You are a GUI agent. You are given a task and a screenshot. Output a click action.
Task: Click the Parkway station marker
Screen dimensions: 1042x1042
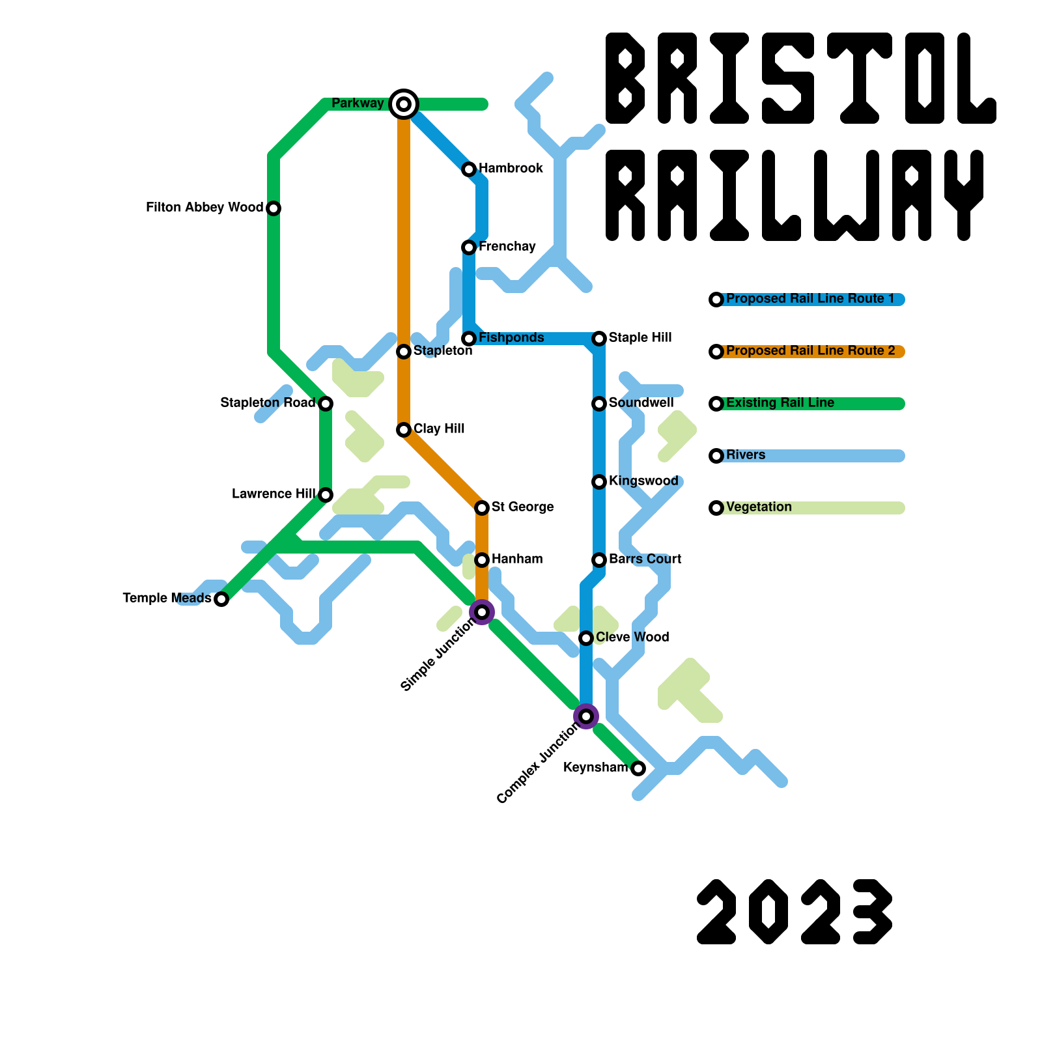(x=404, y=104)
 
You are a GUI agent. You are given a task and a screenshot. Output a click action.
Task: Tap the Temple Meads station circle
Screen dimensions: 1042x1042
(x=221, y=599)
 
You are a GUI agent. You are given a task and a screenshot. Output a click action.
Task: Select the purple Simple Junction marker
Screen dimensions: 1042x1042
(x=482, y=612)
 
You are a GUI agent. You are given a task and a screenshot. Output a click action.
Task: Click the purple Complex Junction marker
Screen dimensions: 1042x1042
(x=586, y=716)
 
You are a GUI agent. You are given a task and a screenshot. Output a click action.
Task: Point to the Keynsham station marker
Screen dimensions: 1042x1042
(x=638, y=768)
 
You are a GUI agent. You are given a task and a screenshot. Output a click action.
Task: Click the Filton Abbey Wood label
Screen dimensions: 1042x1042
(x=204, y=208)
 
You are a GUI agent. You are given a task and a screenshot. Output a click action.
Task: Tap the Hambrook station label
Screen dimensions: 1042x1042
(x=511, y=169)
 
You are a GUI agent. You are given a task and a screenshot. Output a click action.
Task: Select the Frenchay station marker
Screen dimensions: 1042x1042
(x=469, y=247)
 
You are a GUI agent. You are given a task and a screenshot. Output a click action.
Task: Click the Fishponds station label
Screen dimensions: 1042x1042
(x=511, y=338)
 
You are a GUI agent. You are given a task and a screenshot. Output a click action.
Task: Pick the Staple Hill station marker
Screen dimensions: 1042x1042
(x=599, y=339)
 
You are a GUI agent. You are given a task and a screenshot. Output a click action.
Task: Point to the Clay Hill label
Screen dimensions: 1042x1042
(x=439, y=429)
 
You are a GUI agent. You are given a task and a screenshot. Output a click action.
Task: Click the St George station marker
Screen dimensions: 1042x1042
(x=482, y=508)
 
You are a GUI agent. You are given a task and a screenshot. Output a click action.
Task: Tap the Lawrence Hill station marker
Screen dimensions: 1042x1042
(x=326, y=495)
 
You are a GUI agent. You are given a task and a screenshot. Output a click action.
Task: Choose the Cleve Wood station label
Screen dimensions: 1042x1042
(x=632, y=638)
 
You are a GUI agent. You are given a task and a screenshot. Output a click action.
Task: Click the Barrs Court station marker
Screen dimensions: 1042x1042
(x=599, y=560)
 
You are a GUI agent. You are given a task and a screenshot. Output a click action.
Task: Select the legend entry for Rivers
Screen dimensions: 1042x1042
(x=746, y=455)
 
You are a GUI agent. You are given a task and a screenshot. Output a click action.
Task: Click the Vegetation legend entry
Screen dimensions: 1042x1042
(x=759, y=507)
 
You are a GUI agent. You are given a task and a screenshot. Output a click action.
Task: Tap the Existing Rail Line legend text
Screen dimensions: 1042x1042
(x=780, y=403)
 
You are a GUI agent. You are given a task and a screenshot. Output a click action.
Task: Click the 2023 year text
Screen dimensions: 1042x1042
(x=795, y=912)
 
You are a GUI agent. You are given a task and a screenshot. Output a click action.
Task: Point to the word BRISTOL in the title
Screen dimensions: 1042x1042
(x=801, y=78)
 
